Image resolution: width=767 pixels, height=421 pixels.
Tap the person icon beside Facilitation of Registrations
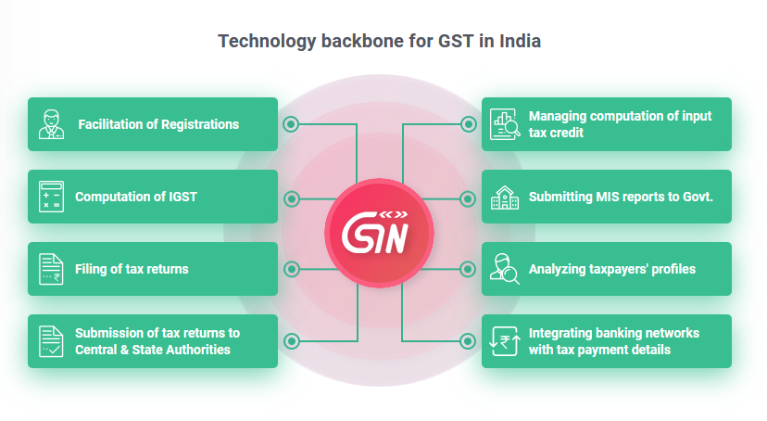point(52,124)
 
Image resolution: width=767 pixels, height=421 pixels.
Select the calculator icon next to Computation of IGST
point(50,197)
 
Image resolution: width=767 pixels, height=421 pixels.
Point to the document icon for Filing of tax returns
point(51,269)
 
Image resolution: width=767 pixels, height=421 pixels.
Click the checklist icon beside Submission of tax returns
point(51,341)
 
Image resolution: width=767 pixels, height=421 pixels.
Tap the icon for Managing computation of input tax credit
point(505,124)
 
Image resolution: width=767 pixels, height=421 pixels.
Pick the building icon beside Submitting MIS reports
point(504,197)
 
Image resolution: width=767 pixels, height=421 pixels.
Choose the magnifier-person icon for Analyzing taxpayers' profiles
point(504,269)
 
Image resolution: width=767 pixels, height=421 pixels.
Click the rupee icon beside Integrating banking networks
point(504,341)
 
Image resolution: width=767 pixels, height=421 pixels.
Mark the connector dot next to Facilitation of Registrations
point(292,124)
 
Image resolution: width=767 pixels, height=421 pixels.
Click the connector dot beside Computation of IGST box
point(292,197)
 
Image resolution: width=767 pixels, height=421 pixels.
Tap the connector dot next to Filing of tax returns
point(292,269)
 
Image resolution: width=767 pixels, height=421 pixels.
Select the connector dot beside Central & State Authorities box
point(292,341)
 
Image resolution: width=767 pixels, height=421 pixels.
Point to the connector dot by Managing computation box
point(468,124)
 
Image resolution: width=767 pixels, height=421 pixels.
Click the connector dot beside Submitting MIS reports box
point(468,197)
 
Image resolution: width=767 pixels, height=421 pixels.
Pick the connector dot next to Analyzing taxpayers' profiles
point(468,269)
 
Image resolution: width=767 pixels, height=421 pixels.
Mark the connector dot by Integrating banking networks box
point(468,341)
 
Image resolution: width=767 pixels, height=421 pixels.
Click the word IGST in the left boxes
point(181,197)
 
